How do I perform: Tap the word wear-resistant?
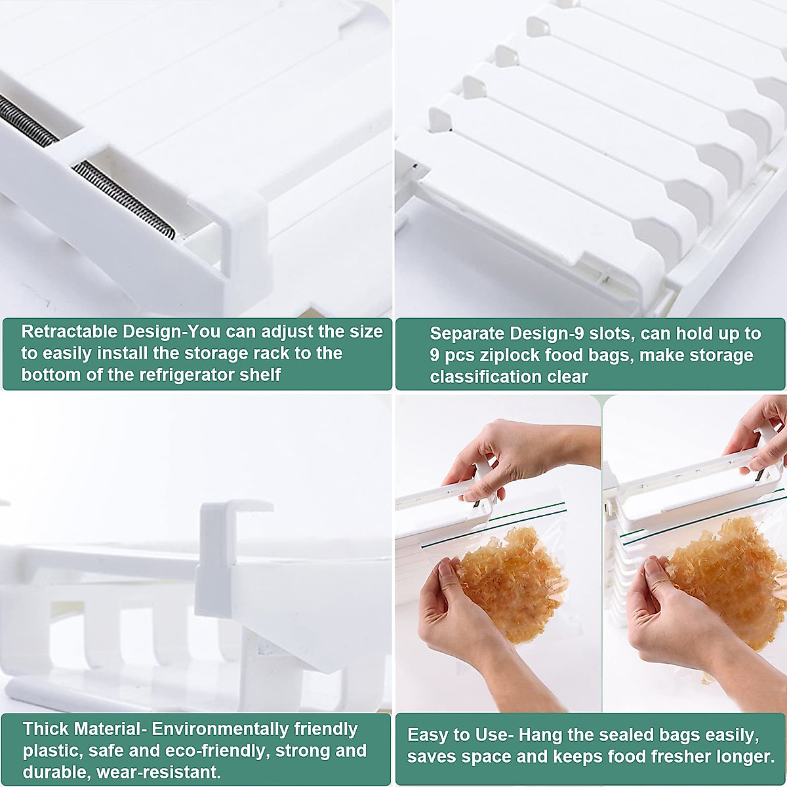tap(158, 772)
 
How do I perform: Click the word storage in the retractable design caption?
tap(213, 353)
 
